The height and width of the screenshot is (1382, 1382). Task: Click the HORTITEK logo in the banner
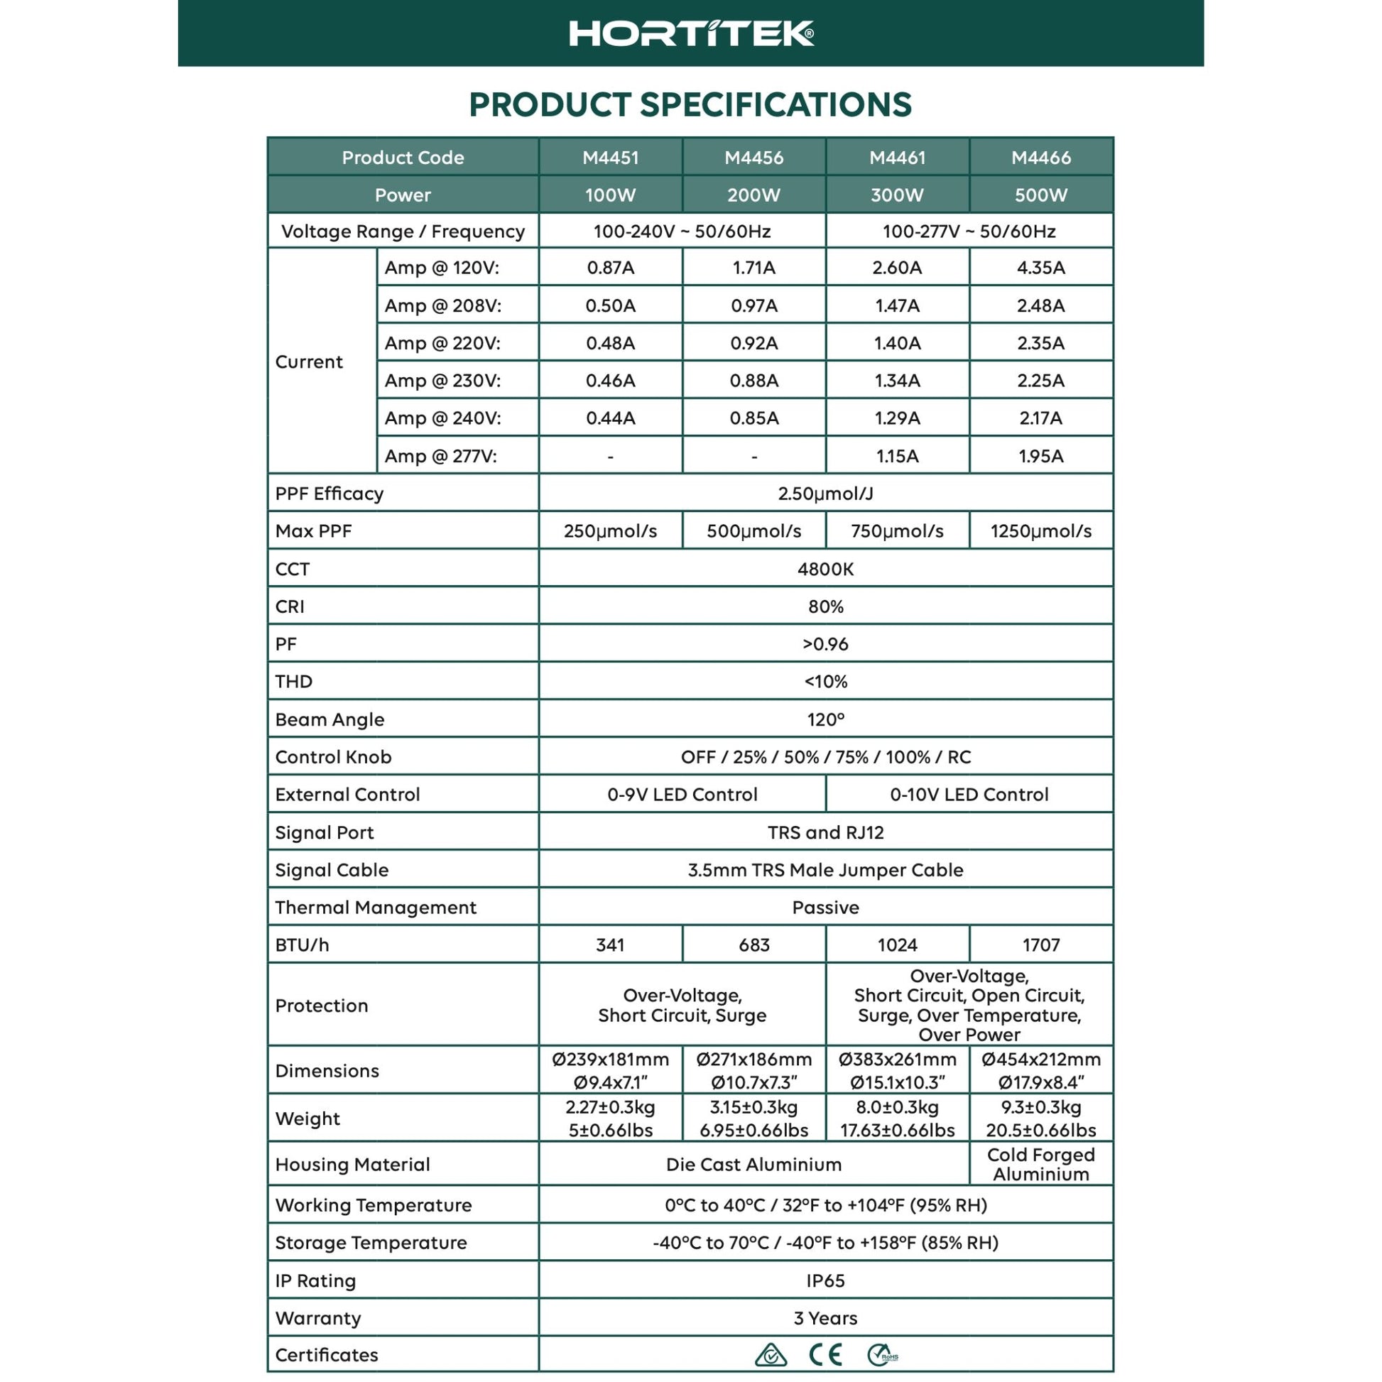point(691,33)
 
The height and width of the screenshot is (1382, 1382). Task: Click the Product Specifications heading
point(690,104)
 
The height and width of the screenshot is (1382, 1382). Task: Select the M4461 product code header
point(897,158)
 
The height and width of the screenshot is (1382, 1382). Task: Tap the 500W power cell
point(1041,195)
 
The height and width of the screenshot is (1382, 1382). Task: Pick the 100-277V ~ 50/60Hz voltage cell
point(969,231)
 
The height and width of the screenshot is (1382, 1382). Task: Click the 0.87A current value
point(610,268)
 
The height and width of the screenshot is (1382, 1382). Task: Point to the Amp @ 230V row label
point(442,381)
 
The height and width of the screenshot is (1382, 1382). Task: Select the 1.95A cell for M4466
point(1041,456)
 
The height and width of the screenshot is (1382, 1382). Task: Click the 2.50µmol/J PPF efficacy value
point(825,494)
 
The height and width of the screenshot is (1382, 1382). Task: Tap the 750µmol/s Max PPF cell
point(897,531)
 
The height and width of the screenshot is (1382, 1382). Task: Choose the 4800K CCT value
point(825,569)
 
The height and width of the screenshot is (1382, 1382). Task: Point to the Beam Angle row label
point(330,719)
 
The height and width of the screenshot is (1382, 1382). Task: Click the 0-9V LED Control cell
point(682,794)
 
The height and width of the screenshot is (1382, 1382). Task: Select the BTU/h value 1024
point(897,945)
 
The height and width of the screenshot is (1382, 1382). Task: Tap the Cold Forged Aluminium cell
point(1041,1165)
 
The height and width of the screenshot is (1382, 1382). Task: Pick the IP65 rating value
point(825,1280)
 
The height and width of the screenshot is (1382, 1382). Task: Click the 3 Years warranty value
point(825,1317)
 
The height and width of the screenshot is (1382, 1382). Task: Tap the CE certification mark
point(825,1355)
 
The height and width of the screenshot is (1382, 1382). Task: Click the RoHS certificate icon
point(882,1355)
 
